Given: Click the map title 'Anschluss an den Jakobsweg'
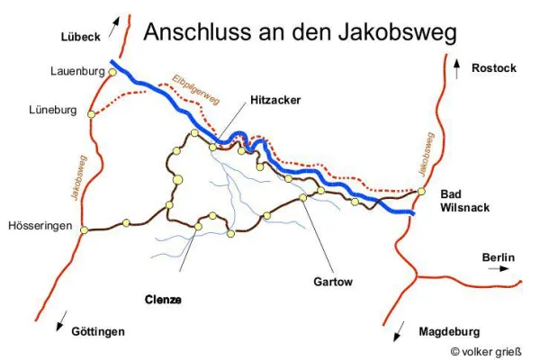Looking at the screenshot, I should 300,32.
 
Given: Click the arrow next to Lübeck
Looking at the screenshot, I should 113,26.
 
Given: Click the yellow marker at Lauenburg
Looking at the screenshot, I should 112,71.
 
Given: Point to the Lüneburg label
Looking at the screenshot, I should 56,112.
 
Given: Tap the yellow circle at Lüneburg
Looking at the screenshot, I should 92,112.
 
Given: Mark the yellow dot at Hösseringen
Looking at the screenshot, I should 84,229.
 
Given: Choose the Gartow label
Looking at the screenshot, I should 333,281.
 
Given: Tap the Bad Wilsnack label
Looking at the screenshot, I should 464,201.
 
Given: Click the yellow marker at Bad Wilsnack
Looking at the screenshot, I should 421,191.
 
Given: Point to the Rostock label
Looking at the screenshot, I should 494,67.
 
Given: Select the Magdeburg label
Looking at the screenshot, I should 449,331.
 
